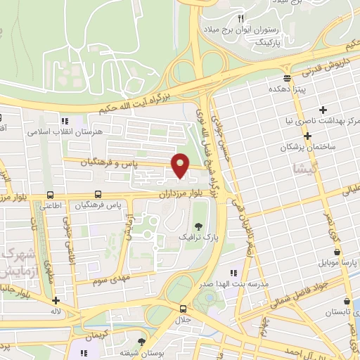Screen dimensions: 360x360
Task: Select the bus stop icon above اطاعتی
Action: coord(50,195)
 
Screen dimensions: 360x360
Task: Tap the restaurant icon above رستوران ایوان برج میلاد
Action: coord(240,18)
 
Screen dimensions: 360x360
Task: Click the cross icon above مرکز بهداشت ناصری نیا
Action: coord(323,110)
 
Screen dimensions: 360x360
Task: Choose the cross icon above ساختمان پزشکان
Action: coord(308,136)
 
